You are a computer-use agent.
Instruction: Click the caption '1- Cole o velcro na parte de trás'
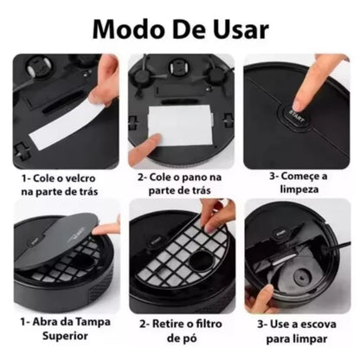pyautogui.click(x=60, y=183)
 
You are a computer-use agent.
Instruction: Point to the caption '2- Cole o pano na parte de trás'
pyautogui.click(x=179, y=183)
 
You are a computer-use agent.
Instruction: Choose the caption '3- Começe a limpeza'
pyautogui.click(x=297, y=183)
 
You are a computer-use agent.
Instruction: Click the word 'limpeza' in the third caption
pyautogui.click(x=297, y=191)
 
